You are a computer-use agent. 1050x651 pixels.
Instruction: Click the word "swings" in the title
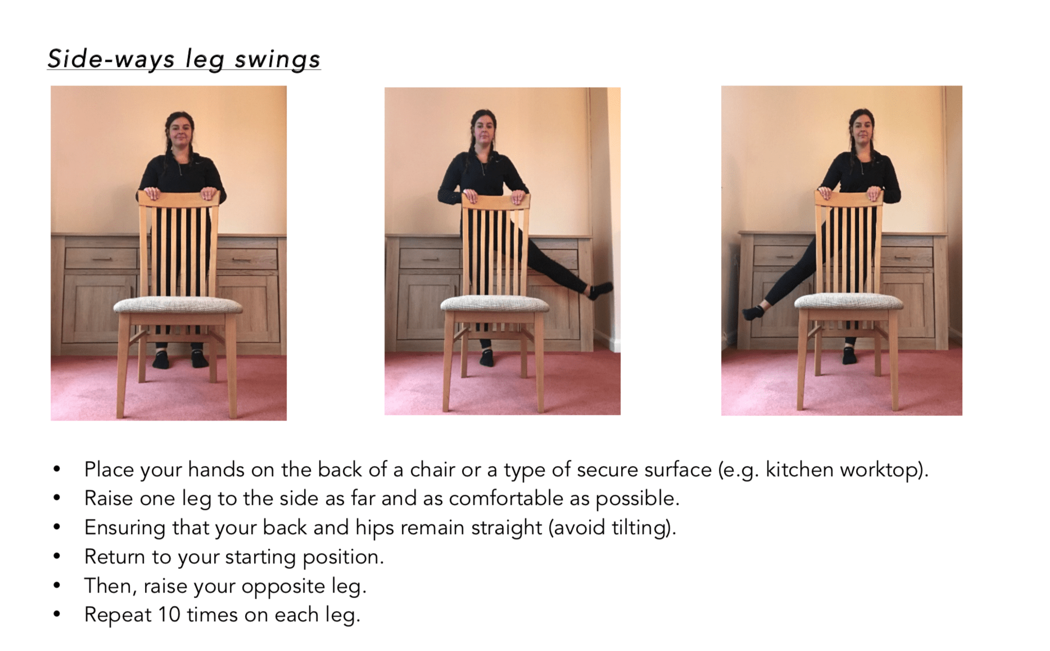(x=278, y=60)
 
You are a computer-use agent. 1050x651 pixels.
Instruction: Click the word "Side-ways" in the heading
(x=111, y=59)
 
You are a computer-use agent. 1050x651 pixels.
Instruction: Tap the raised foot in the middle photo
(x=599, y=291)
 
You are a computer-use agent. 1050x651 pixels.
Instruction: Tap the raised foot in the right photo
(x=753, y=312)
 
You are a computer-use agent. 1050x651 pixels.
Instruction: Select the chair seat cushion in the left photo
(x=178, y=306)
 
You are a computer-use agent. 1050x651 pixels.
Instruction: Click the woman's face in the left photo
(x=180, y=131)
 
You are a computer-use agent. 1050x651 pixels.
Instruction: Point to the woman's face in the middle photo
(x=483, y=129)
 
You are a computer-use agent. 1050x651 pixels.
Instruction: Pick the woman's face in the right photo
(x=862, y=129)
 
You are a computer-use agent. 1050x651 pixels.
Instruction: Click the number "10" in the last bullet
(x=169, y=614)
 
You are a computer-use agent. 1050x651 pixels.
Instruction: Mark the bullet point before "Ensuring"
(x=57, y=527)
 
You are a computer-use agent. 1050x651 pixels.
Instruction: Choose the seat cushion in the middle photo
(x=495, y=304)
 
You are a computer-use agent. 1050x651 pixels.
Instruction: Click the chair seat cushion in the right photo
(x=849, y=301)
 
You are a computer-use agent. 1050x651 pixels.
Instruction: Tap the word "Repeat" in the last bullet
(x=118, y=615)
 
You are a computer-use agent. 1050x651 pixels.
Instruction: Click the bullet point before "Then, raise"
(x=57, y=586)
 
